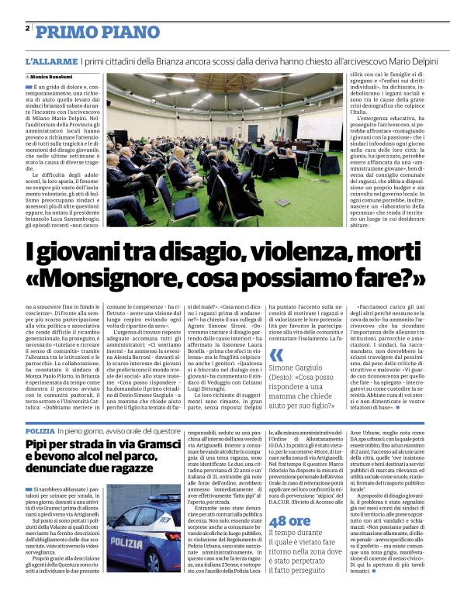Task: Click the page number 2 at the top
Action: pos(27,29)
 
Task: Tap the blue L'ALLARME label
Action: pos(50,60)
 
